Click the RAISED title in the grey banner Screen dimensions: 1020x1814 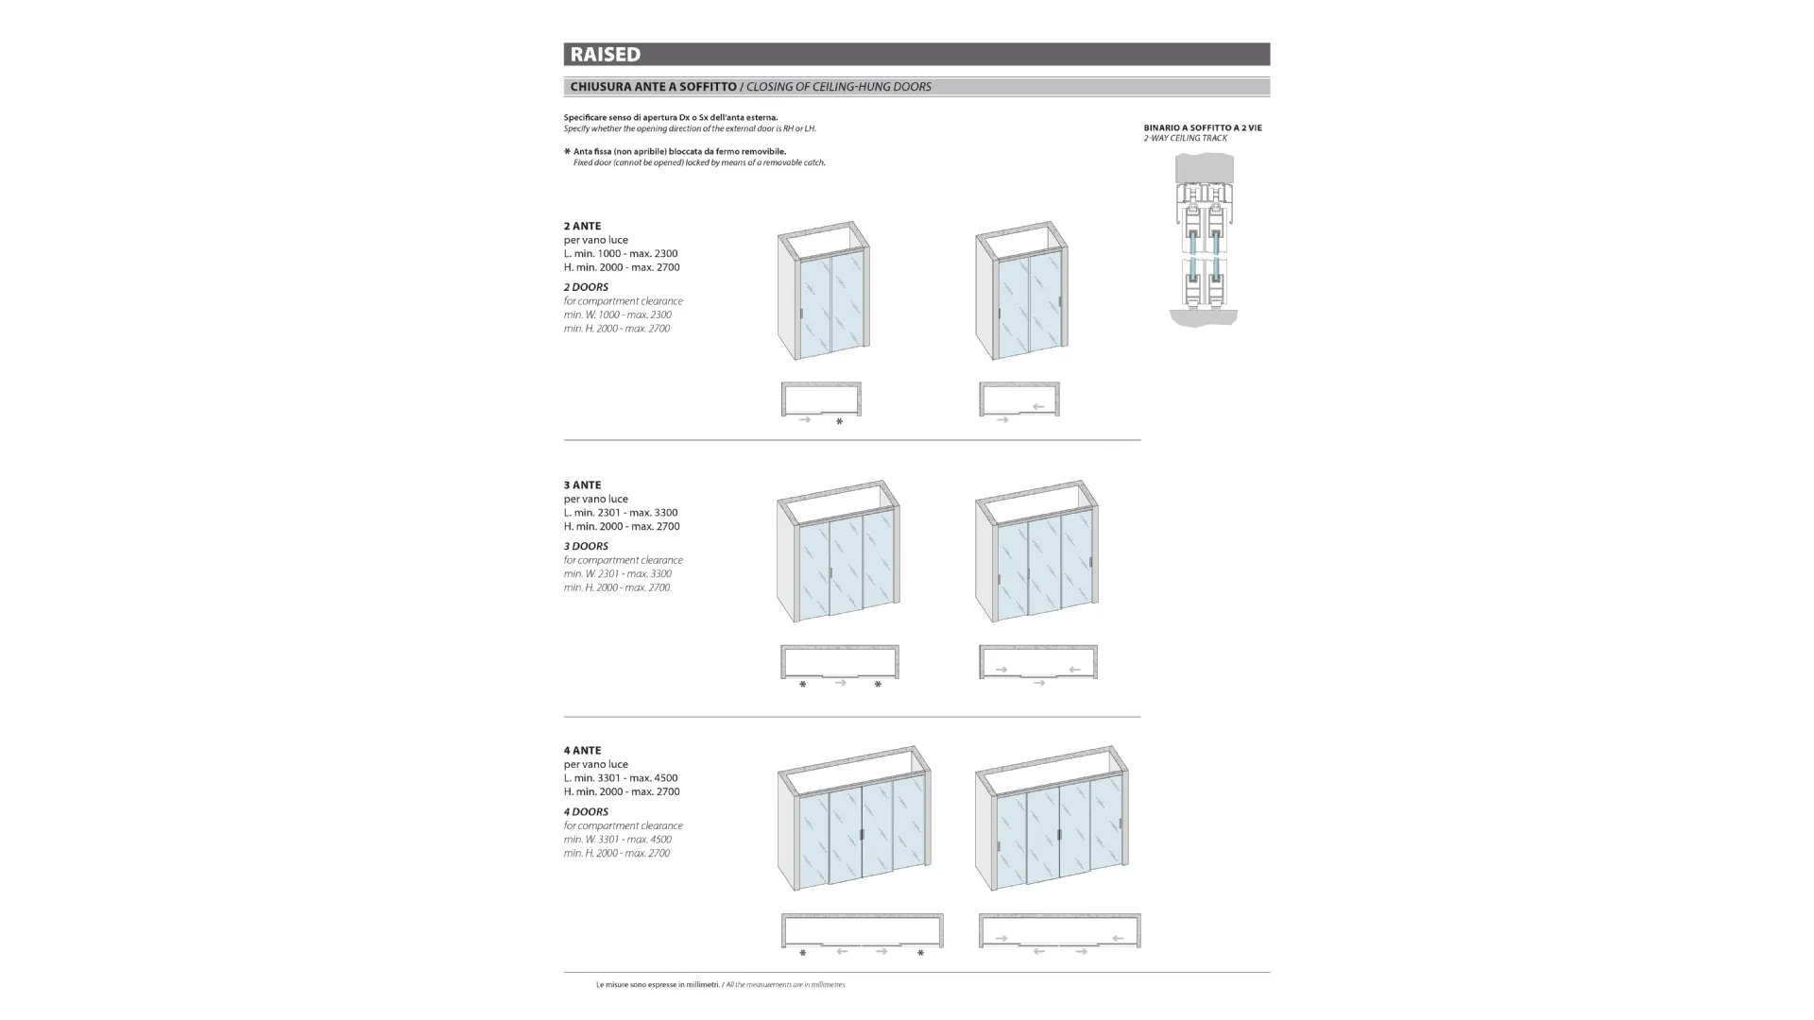point(605,55)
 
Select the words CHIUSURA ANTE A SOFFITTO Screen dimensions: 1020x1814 point(653,87)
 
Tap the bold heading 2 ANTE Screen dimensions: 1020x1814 point(582,227)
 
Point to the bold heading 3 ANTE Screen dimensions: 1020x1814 point(582,485)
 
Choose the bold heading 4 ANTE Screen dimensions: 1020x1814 point(582,751)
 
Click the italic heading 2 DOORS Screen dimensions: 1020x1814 point(586,287)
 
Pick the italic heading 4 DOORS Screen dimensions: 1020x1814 point(586,812)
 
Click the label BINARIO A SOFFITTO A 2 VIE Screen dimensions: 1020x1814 point(1202,127)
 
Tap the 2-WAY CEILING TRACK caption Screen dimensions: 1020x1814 point(1185,139)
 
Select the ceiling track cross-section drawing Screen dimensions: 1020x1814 point(1204,240)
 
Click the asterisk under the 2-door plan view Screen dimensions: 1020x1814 point(839,422)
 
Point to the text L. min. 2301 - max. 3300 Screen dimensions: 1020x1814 point(621,513)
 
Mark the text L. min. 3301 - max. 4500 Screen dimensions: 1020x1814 point(621,778)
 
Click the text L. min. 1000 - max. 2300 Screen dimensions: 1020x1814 point(621,254)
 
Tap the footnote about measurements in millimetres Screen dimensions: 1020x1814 point(721,985)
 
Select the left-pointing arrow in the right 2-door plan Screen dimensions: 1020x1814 point(1038,407)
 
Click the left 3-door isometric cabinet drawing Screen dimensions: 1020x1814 point(838,552)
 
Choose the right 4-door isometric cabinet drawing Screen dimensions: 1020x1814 point(1052,818)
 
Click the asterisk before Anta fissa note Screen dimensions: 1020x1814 point(567,151)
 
